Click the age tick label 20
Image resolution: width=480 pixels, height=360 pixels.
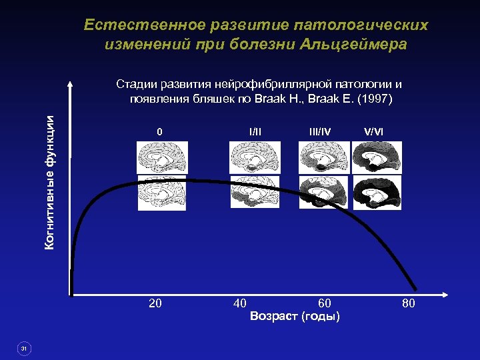pyautogui.click(x=155, y=304)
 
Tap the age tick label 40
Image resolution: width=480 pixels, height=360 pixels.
pyautogui.click(x=240, y=304)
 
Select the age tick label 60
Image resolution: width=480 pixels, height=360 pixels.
pyautogui.click(x=325, y=304)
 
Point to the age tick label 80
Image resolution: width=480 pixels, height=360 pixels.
pyautogui.click(x=408, y=304)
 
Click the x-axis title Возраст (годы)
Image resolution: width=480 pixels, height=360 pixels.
pyautogui.click(x=295, y=316)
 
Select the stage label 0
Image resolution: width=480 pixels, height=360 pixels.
pyautogui.click(x=159, y=132)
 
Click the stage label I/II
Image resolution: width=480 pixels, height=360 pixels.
pyautogui.click(x=255, y=132)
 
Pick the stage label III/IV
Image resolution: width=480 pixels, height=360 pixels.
pyautogui.click(x=319, y=132)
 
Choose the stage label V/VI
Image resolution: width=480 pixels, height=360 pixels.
pyautogui.click(x=374, y=132)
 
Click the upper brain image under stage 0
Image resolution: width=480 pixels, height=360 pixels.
pyautogui.click(x=163, y=157)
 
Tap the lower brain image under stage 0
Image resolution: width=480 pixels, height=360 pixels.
pyautogui.click(x=163, y=195)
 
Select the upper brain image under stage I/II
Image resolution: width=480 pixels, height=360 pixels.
pyautogui.click(x=255, y=157)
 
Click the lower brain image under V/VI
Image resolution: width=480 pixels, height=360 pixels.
pyautogui.click(x=377, y=194)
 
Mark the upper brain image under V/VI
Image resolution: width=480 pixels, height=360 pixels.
pyautogui.click(x=377, y=157)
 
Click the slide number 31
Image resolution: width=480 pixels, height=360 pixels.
pyautogui.click(x=23, y=348)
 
